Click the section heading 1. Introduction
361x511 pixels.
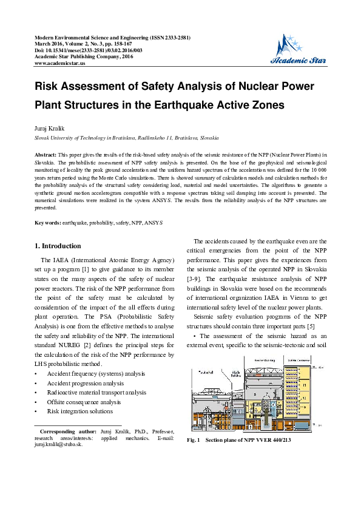pos(58,246)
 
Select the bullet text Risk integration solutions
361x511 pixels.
pos(80,411)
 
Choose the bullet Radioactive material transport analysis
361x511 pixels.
pos(96,393)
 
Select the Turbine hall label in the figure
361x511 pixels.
pos(202,371)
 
